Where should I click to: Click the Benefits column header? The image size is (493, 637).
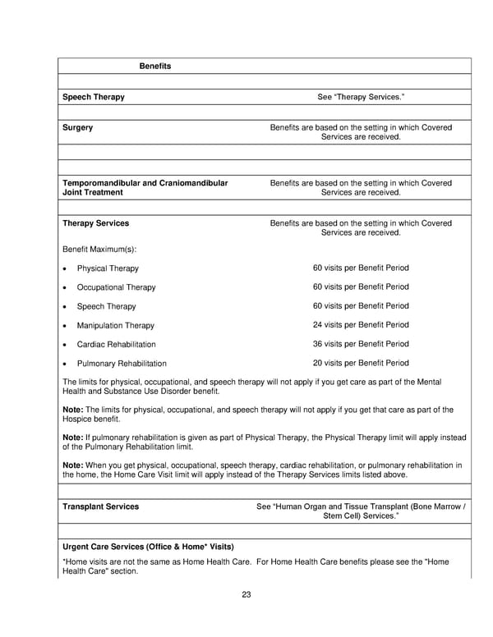[154, 66]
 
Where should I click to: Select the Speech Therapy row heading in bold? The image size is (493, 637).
[94, 97]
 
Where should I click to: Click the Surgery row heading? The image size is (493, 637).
[78, 128]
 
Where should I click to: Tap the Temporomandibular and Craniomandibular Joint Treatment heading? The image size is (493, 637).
[145, 188]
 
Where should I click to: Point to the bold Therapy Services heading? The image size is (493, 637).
[95, 223]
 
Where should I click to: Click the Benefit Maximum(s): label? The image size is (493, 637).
[99, 249]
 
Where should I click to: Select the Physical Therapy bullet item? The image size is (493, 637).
[108, 268]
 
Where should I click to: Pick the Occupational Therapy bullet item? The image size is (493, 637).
[116, 287]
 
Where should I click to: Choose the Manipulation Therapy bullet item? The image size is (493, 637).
[115, 326]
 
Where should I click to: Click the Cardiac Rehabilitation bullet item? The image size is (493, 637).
[116, 345]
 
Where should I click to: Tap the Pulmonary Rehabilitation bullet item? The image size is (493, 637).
[122, 364]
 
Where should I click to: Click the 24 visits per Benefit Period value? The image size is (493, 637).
[361, 325]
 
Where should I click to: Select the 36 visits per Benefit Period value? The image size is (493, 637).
[361, 344]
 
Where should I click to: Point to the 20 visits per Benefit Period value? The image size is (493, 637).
[361, 363]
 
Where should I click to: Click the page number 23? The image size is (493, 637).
[246, 595]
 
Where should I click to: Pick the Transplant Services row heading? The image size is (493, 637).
[100, 506]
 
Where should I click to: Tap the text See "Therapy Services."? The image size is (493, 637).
[361, 97]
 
